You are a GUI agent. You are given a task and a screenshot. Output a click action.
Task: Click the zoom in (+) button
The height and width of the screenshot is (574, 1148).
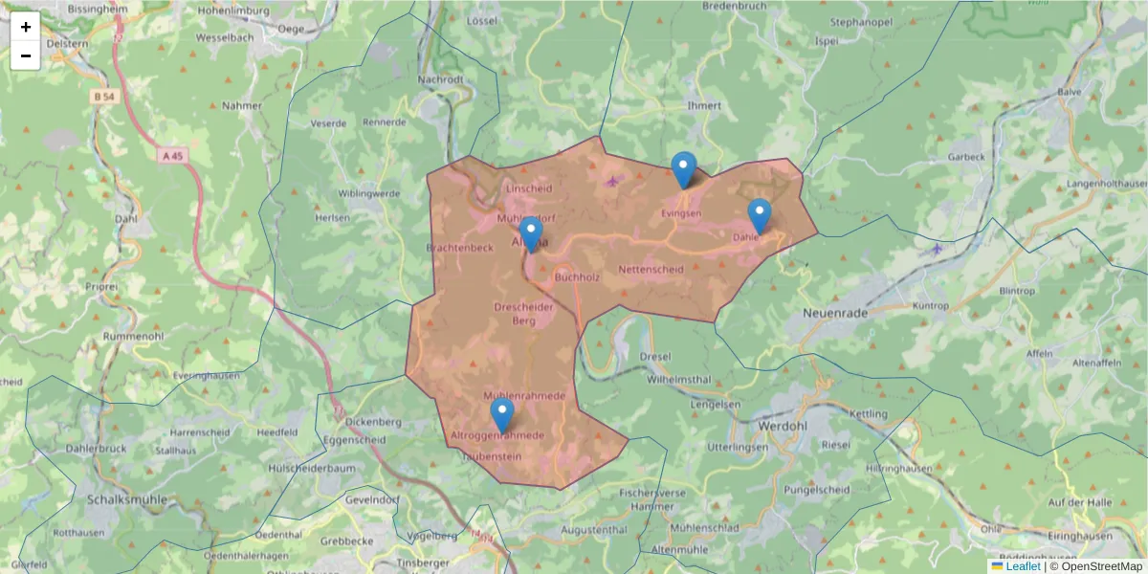(x=26, y=27)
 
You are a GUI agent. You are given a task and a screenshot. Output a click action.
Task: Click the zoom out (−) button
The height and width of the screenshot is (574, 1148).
(x=26, y=55)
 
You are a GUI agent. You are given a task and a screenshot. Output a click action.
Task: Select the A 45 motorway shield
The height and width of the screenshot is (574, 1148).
(x=171, y=154)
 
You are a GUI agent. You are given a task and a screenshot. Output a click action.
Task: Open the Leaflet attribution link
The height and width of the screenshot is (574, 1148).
(x=1023, y=566)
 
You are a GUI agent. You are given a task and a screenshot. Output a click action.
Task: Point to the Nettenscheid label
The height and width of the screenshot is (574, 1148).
(x=651, y=270)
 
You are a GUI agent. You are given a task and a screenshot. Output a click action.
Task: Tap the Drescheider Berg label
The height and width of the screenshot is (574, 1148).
(x=523, y=314)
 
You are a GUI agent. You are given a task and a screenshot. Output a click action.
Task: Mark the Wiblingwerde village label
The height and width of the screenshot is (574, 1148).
(x=369, y=193)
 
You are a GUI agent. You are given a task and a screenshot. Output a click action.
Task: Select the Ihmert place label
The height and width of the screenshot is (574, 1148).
(x=704, y=105)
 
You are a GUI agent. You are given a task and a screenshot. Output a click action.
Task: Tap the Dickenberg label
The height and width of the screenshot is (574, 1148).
(x=373, y=421)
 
